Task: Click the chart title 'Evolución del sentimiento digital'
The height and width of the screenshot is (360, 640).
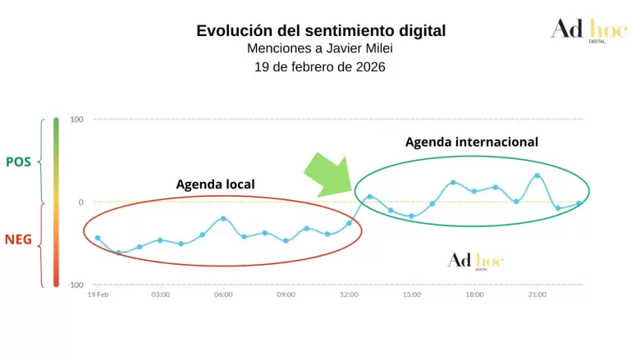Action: (321, 31)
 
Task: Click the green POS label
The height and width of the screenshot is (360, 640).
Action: (18, 162)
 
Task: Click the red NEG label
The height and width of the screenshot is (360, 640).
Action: (18, 240)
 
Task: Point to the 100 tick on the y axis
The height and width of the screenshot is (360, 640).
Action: (76, 120)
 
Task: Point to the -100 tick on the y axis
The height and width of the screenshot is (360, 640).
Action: (75, 285)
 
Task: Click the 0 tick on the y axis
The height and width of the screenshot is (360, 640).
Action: (80, 202)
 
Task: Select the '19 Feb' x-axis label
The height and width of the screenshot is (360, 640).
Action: (98, 294)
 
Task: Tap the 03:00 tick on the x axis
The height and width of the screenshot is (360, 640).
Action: (160, 294)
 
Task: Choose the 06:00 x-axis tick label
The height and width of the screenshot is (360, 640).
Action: (223, 294)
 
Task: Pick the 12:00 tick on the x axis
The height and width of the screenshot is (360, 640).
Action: (349, 294)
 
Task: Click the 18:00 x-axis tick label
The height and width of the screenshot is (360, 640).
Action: (474, 294)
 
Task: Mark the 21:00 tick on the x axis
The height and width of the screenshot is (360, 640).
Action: (537, 294)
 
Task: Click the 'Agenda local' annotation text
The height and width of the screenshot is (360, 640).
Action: (216, 184)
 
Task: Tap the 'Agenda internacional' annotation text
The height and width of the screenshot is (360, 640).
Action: (472, 141)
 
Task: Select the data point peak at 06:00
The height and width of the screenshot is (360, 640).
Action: (223, 218)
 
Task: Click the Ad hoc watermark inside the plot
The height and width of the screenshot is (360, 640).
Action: (475, 260)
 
